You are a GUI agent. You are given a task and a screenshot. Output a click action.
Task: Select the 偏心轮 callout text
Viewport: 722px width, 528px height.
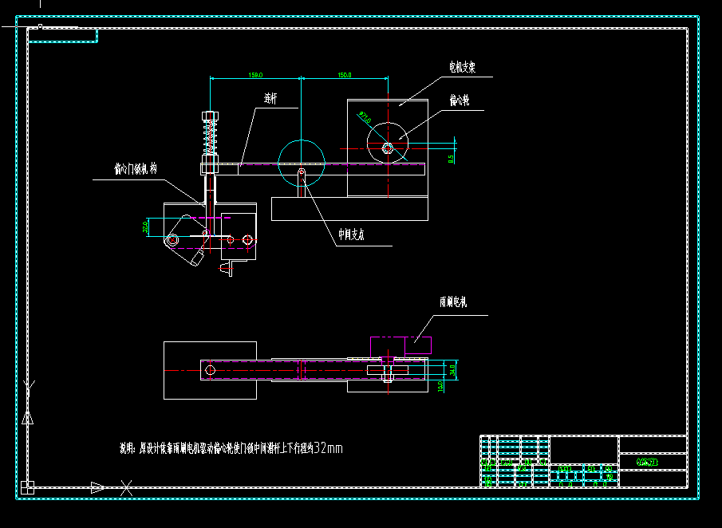pos(459,100)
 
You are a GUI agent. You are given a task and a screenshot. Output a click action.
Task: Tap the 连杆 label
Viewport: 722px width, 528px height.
pos(271,99)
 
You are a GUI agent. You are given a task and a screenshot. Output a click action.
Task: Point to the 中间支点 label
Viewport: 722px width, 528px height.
pos(351,235)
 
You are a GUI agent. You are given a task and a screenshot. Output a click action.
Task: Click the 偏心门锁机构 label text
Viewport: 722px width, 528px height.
pos(136,169)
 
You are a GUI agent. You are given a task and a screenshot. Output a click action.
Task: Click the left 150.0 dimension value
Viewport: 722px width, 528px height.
pos(255,76)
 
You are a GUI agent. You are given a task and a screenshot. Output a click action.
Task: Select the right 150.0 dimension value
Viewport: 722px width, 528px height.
pos(345,76)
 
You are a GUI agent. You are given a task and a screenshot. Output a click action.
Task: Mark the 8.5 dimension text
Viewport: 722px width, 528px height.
pos(452,159)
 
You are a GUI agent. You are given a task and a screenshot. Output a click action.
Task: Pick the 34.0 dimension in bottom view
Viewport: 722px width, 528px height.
pos(452,369)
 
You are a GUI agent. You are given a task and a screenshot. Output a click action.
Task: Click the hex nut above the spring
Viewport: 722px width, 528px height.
pos(211,116)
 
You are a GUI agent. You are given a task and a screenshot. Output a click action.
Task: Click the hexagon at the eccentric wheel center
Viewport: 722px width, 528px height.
pos(387,148)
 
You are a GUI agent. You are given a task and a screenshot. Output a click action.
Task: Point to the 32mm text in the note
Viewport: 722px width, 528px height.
pos(329,448)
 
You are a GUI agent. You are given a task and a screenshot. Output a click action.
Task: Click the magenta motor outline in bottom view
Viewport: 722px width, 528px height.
pos(400,345)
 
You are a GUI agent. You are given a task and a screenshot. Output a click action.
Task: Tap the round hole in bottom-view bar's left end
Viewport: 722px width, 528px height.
pos(211,370)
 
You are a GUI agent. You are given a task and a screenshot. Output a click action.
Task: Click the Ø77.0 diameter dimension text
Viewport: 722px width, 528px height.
pos(365,119)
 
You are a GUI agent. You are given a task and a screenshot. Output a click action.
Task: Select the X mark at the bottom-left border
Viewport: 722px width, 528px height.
pos(126,487)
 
